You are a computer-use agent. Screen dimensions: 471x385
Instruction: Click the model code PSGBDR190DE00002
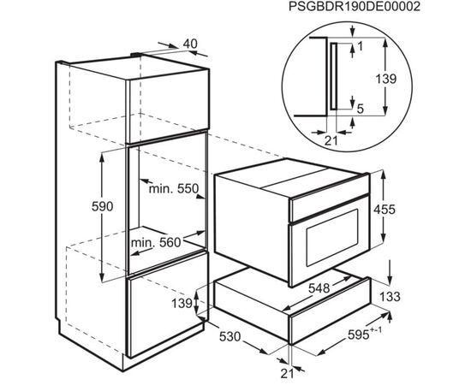[x=355, y=7]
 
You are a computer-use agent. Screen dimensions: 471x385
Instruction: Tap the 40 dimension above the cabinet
[x=190, y=44]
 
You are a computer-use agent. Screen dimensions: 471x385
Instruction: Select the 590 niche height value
[x=103, y=206]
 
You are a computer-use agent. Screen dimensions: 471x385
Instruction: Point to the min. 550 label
[x=174, y=189]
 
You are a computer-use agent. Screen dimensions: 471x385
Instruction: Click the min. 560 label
[x=156, y=242]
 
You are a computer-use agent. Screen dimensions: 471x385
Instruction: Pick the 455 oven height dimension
[x=385, y=210]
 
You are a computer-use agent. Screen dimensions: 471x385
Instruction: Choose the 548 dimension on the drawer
[x=319, y=288]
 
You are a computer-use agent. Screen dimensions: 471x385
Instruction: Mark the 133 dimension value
[x=390, y=297]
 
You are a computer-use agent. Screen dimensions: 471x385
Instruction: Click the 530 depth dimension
[x=230, y=337]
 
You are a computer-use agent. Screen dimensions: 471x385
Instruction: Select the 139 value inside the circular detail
[x=386, y=79]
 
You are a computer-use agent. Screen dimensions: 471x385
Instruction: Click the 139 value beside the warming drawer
[x=182, y=304]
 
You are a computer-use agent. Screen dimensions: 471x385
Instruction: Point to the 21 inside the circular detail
[x=331, y=140]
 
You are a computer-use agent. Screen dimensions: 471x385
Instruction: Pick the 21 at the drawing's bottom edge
[x=288, y=374]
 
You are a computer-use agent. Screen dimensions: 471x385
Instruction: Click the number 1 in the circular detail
[x=361, y=46]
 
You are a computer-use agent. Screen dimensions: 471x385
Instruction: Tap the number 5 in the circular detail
[x=361, y=109]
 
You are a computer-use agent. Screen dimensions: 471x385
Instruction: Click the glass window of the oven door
[x=332, y=238]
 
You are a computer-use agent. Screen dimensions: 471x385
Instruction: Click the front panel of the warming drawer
[x=330, y=320]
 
